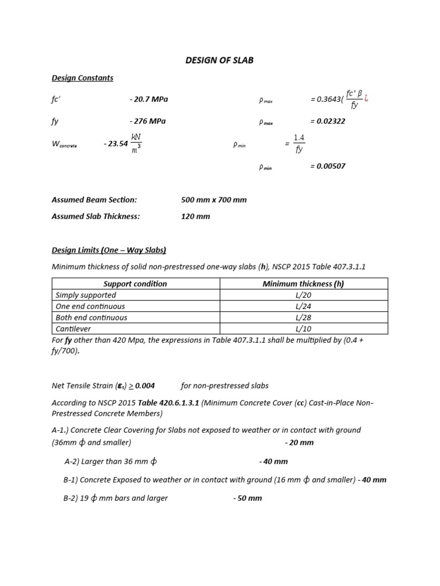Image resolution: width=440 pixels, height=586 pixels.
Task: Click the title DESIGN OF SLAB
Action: [x=220, y=60]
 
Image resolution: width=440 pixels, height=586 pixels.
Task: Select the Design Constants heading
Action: [x=82, y=78]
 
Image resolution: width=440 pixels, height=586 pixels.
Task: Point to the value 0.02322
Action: [x=327, y=121]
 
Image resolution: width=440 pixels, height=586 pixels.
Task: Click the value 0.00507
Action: [x=327, y=167]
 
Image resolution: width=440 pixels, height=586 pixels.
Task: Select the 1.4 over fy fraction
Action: [x=299, y=144]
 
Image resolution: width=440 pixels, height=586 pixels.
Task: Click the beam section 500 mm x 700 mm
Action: [x=214, y=200]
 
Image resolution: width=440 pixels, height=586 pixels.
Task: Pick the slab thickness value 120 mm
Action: [x=195, y=216]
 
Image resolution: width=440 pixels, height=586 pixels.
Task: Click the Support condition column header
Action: [x=135, y=284]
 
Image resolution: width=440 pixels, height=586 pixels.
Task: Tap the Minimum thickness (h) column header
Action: [x=303, y=284]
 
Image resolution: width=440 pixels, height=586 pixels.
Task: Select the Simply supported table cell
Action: [x=86, y=295]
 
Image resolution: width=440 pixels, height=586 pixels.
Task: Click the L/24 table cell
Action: [x=303, y=306]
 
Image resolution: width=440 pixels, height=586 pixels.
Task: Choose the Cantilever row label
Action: [x=73, y=328]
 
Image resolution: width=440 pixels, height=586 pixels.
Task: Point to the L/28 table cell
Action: [x=303, y=318]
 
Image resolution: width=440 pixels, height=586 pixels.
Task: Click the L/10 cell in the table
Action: [x=303, y=328]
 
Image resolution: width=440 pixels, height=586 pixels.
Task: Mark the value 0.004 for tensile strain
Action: [x=144, y=386]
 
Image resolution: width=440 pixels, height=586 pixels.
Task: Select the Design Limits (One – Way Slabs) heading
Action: [x=109, y=250]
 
